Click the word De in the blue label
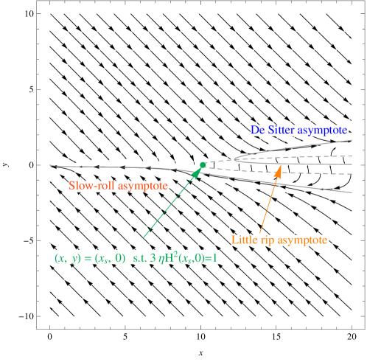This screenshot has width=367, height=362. [258, 130]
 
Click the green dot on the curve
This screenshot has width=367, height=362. [203, 165]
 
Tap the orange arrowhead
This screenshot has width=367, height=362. [279, 171]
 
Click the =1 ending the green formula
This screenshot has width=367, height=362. [212, 259]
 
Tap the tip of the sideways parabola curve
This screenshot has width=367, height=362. [233, 159]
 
